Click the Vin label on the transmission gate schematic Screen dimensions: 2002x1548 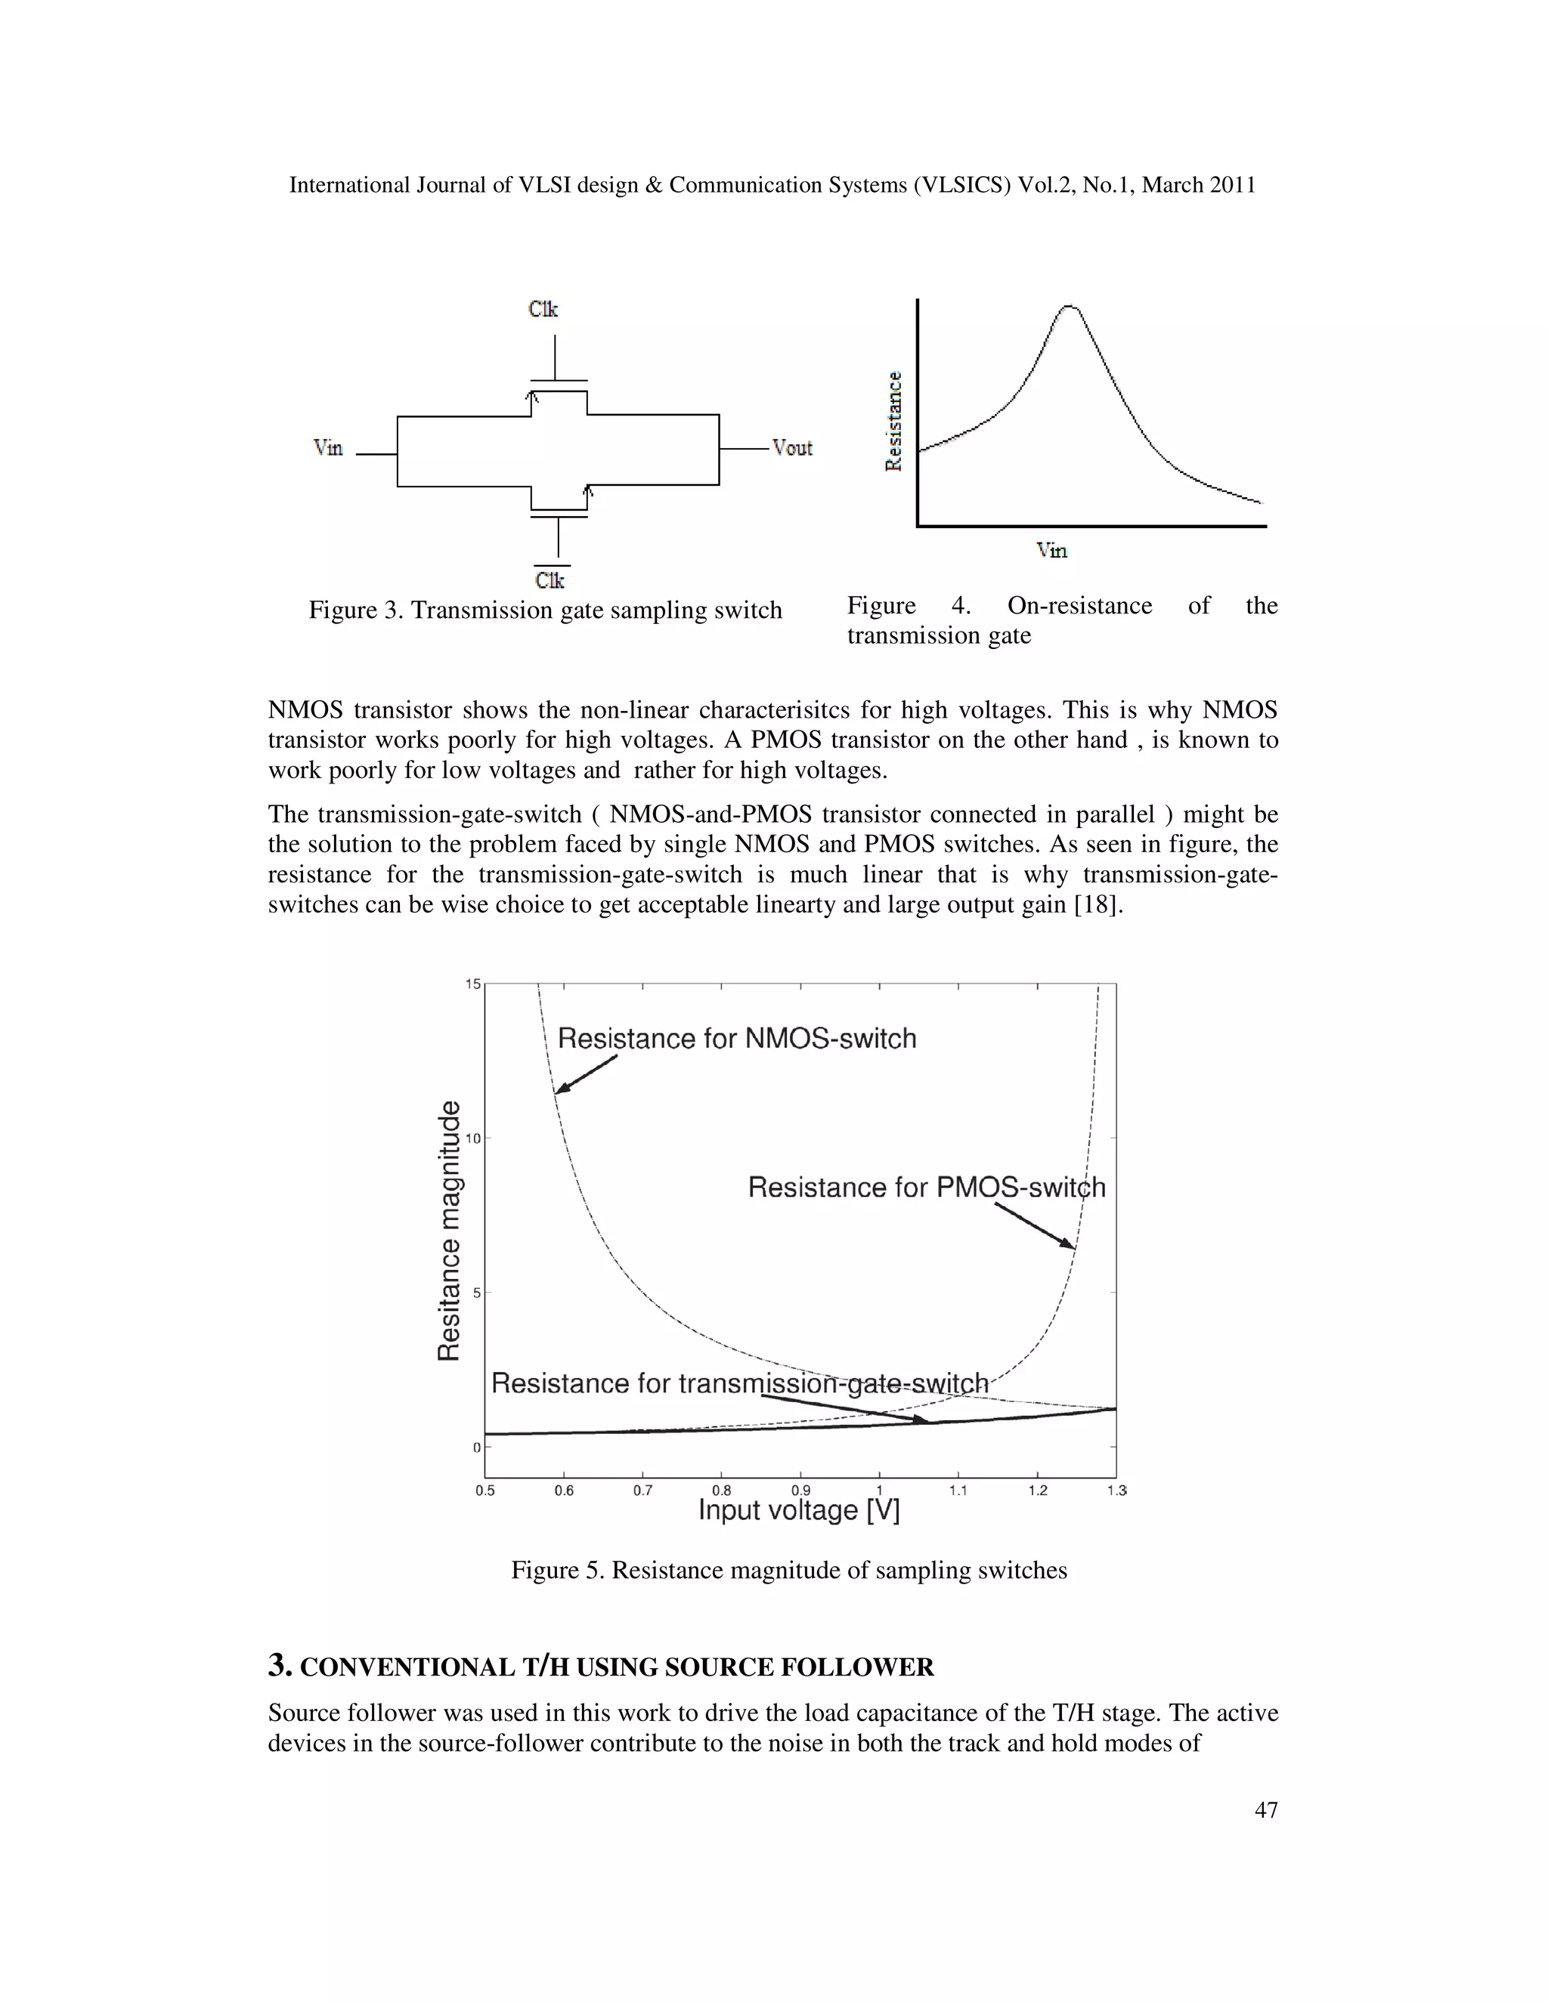(x=327, y=447)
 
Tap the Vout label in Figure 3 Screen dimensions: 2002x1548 (x=792, y=447)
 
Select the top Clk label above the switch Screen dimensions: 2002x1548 (x=543, y=309)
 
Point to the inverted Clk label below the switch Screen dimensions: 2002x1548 (x=550, y=580)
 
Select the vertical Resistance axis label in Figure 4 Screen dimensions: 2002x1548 (x=893, y=421)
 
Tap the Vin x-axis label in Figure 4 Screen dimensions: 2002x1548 (x=1052, y=550)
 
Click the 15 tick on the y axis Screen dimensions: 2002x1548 (x=472, y=984)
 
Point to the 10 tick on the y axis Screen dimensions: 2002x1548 (x=472, y=1138)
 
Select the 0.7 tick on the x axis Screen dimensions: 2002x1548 (x=643, y=1491)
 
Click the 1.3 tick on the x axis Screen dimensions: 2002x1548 (x=1116, y=1491)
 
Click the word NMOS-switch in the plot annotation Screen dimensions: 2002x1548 (x=831, y=1039)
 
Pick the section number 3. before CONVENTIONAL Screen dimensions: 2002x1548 (x=280, y=1666)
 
